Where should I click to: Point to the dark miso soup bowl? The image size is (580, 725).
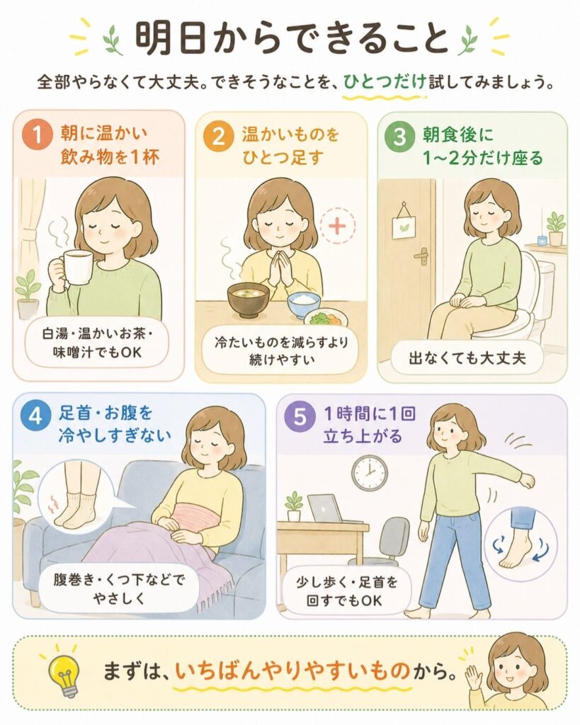pyautogui.click(x=249, y=299)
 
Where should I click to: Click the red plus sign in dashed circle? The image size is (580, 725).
pyautogui.click(x=338, y=226)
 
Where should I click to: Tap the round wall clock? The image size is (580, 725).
pyautogui.click(x=370, y=473)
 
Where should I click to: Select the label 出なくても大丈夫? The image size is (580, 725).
pyautogui.click(x=467, y=358)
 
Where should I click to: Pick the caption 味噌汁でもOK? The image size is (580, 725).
pyautogui.click(x=97, y=353)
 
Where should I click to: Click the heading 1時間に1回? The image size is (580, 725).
pyautogui.click(x=369, y=413)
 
